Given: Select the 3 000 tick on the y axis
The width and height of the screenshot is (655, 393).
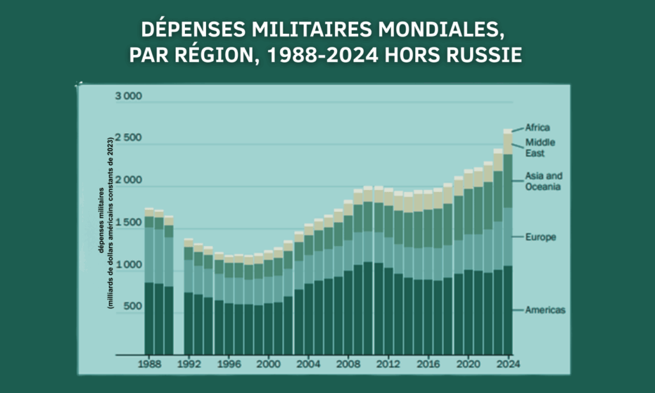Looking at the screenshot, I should pos(129,97).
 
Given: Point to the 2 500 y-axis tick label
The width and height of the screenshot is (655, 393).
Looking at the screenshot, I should pos(129,139).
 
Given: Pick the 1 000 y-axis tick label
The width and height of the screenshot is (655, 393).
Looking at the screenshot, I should pos(129,265).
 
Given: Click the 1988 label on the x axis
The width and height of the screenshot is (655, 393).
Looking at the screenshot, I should pos(149,362).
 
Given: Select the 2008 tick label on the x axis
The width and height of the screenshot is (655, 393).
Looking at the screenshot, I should pos(349,362).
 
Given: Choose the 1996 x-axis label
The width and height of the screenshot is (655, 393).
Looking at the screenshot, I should pos(229,362).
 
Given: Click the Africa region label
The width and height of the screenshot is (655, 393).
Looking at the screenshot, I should pos(537,127).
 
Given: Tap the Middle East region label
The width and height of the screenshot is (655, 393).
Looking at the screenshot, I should pos(540,148).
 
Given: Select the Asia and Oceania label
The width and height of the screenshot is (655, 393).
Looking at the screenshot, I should pos(542,181).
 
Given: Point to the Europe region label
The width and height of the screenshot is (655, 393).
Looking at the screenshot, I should pos(541,237).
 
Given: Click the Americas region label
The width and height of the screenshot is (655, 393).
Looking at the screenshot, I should pos(545,310).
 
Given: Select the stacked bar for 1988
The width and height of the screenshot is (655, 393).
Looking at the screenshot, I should pos(149,282).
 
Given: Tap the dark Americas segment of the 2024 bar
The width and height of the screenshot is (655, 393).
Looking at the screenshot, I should pos(508,310).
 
